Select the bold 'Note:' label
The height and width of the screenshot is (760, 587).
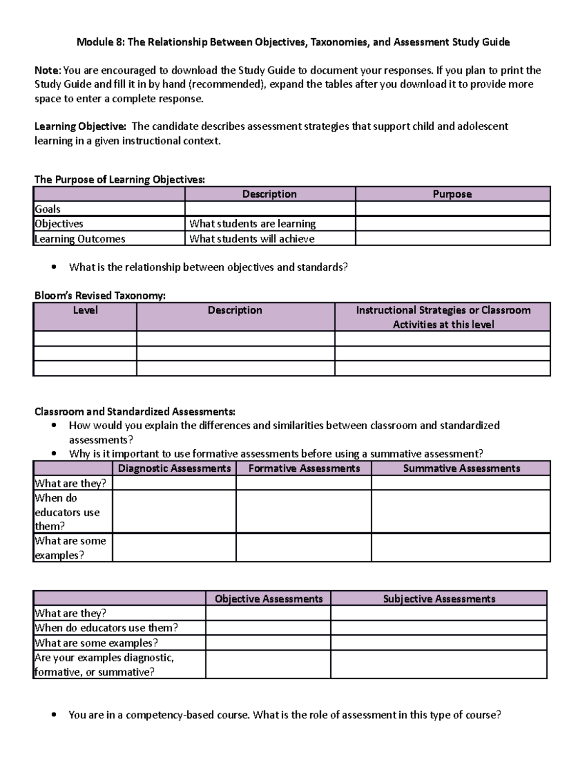pos(48,70)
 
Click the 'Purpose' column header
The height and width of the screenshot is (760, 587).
pos(452,194)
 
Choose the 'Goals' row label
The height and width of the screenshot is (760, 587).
pos(48,209)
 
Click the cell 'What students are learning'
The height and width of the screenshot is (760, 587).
pos(252,224)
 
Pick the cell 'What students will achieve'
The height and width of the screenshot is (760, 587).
pos(251,239)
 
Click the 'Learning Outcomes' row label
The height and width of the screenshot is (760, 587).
pos(80,239)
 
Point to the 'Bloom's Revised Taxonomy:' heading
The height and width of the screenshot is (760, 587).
pos(100,296)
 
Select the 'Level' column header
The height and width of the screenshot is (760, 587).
pos(85,310)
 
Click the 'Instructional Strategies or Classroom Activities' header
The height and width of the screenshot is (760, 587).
pos(443,317)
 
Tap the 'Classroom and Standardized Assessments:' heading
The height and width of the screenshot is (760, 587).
pos(135,411)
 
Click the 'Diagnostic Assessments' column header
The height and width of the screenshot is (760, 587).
pos(174,468)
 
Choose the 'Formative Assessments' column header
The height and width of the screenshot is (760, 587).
pos(304,468)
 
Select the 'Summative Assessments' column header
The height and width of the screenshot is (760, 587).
pos(461,468)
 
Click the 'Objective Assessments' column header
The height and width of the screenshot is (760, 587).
pos(269,599)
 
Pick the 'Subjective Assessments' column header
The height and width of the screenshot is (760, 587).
pos(439,599)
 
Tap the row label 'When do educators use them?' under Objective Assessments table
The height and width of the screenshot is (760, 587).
pos(106,628)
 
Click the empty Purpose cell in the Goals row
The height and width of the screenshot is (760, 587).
pos(452,209)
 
